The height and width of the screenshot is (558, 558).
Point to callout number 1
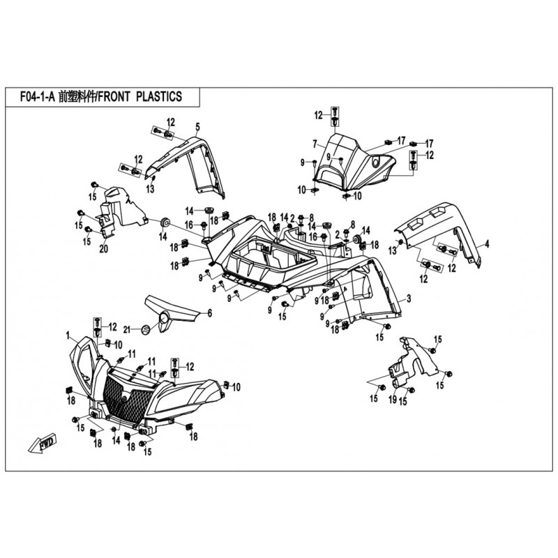[68, 336]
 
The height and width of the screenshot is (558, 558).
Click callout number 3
[409, 299]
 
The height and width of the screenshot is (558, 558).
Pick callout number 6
[209, 315]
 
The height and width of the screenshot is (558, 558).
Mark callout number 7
[315, 144]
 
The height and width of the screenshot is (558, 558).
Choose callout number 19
[392, 400]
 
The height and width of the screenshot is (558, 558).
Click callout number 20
[103, 249]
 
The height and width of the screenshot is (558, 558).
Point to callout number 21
[126, 329]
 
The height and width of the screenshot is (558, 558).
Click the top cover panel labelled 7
[352, 164]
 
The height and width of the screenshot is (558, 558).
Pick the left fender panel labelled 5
[195, 164]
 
